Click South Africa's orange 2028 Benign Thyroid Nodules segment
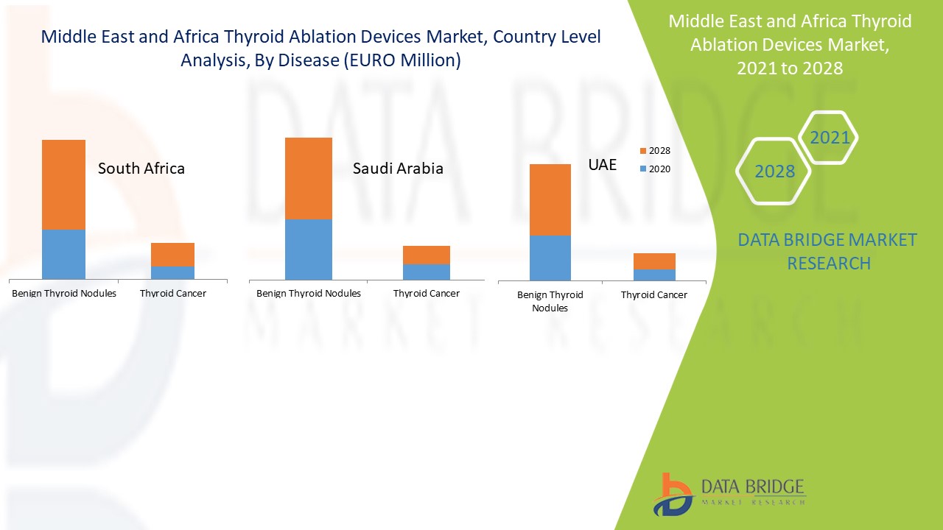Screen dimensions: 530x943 pos(63,185)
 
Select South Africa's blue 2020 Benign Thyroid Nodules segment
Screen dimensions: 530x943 pos(63,254)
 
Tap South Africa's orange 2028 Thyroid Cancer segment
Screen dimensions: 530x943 pos(172,255)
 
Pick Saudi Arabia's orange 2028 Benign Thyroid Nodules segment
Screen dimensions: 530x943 pos(309,179)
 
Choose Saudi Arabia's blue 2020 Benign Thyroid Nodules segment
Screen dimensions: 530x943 pos(309,250)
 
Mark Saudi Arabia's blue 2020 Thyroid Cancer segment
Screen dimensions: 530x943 pos(427,272)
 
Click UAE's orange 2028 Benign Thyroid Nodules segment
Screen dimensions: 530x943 pos(550,199)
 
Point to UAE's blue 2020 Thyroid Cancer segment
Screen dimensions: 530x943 pos(654,275)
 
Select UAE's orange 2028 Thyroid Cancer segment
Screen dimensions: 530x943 pos(654,261)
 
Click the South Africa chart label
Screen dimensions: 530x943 pos(141,169)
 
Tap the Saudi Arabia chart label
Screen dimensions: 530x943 pos(398,169)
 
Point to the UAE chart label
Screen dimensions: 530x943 pos(602,165)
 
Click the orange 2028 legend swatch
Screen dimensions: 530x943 pos(643,151)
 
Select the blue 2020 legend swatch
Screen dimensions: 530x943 pos(643,169)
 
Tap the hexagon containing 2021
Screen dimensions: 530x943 pos(830,138)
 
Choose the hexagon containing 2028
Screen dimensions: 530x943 pos(774,172)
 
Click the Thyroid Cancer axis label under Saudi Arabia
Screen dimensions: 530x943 pos(427,293)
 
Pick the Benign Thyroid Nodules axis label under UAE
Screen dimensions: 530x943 pos(550,301)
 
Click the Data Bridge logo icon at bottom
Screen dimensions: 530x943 pos(672,494)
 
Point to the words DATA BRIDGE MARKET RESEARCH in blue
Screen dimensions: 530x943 pos(828,251)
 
